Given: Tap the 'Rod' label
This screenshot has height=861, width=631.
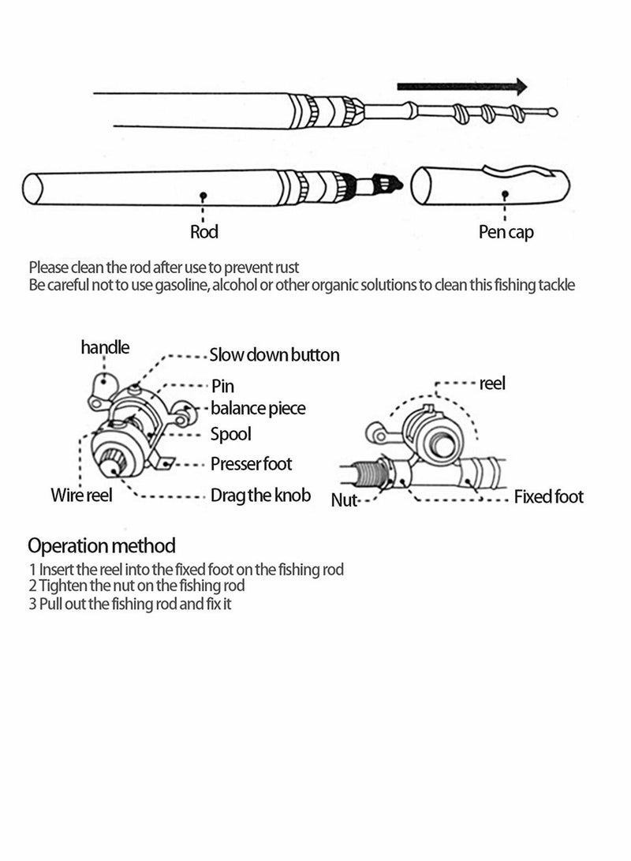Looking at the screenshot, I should [204, 232].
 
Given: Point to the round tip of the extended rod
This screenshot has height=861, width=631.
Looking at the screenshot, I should [553, 112].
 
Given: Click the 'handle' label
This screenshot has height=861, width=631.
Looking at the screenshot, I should [105, 347].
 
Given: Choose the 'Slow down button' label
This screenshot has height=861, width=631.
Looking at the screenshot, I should [274, 355].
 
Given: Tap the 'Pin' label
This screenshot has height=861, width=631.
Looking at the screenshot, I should [222, 386].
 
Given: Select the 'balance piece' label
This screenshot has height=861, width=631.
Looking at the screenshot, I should [258, 409].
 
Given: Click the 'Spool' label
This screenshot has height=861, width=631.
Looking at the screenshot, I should [231, 434].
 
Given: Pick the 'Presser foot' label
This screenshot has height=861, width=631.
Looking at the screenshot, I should [251, 464].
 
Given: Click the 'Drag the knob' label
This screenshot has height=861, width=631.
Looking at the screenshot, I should [260, 496].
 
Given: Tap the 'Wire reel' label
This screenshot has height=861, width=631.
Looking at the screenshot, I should [82, 496].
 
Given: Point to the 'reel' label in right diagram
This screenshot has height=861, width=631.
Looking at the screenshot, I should [492, 384].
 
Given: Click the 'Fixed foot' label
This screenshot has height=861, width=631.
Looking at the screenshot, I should [549, 496].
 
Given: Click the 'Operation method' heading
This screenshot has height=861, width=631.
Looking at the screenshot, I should [102, 545].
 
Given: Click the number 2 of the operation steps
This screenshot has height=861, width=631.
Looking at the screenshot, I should [32, 586].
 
